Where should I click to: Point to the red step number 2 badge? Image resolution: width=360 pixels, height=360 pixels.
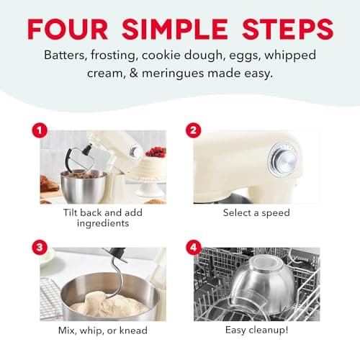pyautogui.click(x=192, y=130)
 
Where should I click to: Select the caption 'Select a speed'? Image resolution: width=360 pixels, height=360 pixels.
pyautogui.click(x=257, y=213)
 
